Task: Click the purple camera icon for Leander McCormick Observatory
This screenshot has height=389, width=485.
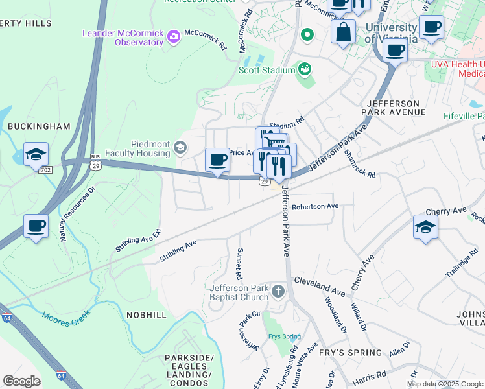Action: tap(173, 36)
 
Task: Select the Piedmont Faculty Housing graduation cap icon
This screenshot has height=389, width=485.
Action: tap(180, 149)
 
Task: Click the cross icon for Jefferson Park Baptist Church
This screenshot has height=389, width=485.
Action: tap(278, 291)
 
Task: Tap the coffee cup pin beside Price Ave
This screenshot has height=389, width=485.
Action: tap(218, 159)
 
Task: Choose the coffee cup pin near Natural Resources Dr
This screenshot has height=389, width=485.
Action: tap(36, 226)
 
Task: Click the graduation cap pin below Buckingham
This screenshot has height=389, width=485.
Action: tap(36, 154)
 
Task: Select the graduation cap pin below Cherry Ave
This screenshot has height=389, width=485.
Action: tap(425, 227)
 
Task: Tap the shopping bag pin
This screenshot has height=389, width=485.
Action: tap(343, 31)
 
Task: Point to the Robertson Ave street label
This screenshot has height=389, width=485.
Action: tap(315, 207)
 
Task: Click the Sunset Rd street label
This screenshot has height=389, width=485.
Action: tap(239, 264)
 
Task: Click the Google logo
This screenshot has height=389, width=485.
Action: tap(21, 381)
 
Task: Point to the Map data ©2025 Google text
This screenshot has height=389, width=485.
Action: tap(444, 384)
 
